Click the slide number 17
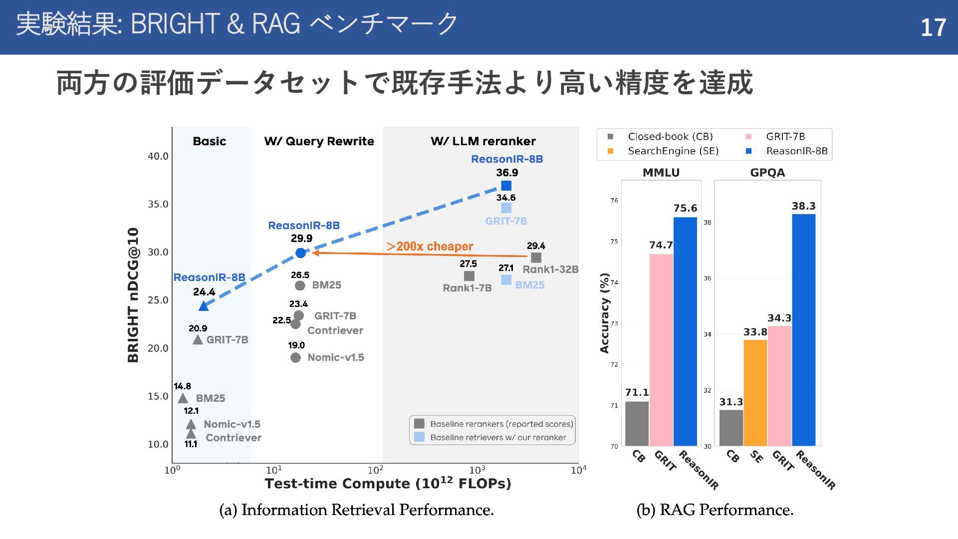click(933, 27)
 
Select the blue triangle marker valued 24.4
click(204, 306)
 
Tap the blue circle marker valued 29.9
click(300, 253)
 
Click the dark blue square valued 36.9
click(506, 186)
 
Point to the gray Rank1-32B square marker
click(536, 258)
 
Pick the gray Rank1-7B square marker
click(469, 276)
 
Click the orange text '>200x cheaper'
click(430, 247)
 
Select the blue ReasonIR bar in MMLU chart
click(685, 331)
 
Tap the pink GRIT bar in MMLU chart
click(661, 349)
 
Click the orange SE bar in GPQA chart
click(755, 393)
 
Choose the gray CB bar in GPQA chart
click(731, 428)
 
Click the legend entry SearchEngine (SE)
click(673, 151)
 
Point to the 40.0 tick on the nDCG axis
click(158, 156)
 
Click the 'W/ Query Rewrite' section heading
click(319, 141)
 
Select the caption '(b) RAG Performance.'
click(715, 510)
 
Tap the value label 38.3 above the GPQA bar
click(803, 206)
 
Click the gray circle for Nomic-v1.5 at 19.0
click(295, 358)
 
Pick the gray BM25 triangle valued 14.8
click(183, 398)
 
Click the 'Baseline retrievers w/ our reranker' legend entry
click(497, 438)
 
